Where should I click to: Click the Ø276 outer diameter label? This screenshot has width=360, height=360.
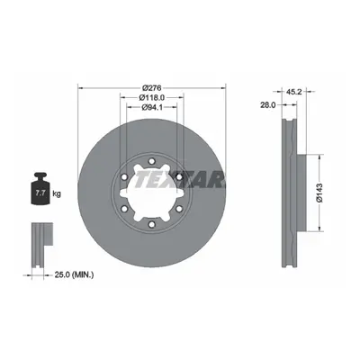tap(152, 88)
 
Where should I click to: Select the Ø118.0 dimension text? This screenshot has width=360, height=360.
tap(152, 97)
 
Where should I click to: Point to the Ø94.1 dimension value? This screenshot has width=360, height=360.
tap(152, 107)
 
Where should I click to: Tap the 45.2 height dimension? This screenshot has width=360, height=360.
tap(294, 92)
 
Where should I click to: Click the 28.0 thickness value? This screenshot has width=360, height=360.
tap(268, 104)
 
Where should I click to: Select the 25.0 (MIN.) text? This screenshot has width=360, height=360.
tap(74, 274)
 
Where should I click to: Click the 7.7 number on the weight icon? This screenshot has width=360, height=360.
tap(40, 193)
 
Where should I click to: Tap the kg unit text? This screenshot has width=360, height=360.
tap(57, 193)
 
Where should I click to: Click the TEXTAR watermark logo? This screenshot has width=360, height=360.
tap(179, 180)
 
